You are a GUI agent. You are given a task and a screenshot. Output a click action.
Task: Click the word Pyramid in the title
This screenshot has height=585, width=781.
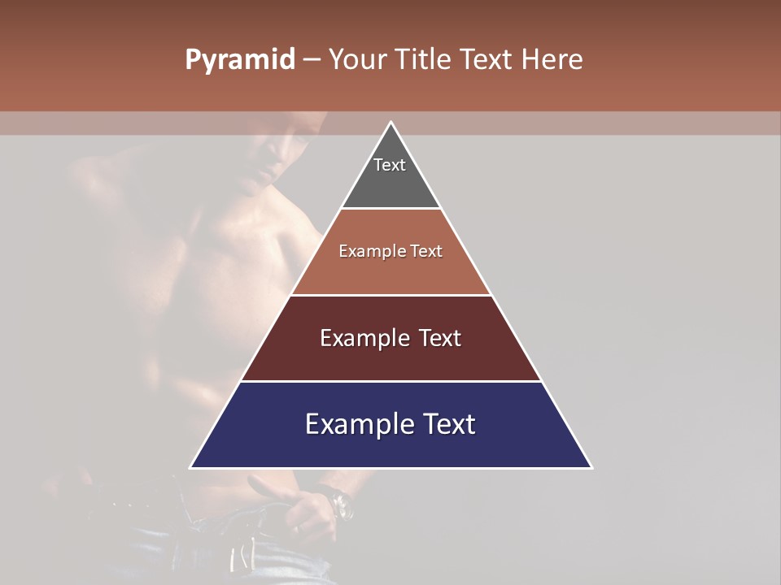[239, 60]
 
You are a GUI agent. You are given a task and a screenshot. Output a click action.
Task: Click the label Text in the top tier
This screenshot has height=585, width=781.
[389, 165]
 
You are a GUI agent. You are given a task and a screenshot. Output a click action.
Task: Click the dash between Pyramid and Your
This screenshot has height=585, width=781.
[311, 60]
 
